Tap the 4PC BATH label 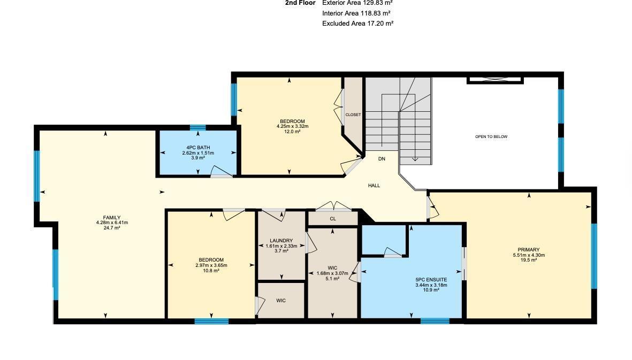tap(197, 148)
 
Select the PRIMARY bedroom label tap(528, 250)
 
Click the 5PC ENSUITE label tap(431, 280)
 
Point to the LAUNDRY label tap(281, 241)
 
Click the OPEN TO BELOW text tap(491, 137)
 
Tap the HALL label tap(374, 186)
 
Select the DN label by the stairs tap(382, 159)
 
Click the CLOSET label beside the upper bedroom tap(353, 115)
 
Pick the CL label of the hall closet tap(333, 219)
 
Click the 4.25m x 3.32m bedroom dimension tap(292, 126)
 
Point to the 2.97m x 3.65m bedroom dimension tap(211, 265)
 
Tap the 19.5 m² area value tap(528, 261)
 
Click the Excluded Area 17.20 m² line tap(357, 24)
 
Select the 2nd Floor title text tap(300, 3)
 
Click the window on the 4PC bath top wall tap(197, 128)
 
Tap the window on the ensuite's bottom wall tap(435, 321)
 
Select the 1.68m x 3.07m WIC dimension tap(332, 273)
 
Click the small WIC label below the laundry tap(281, 301)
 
